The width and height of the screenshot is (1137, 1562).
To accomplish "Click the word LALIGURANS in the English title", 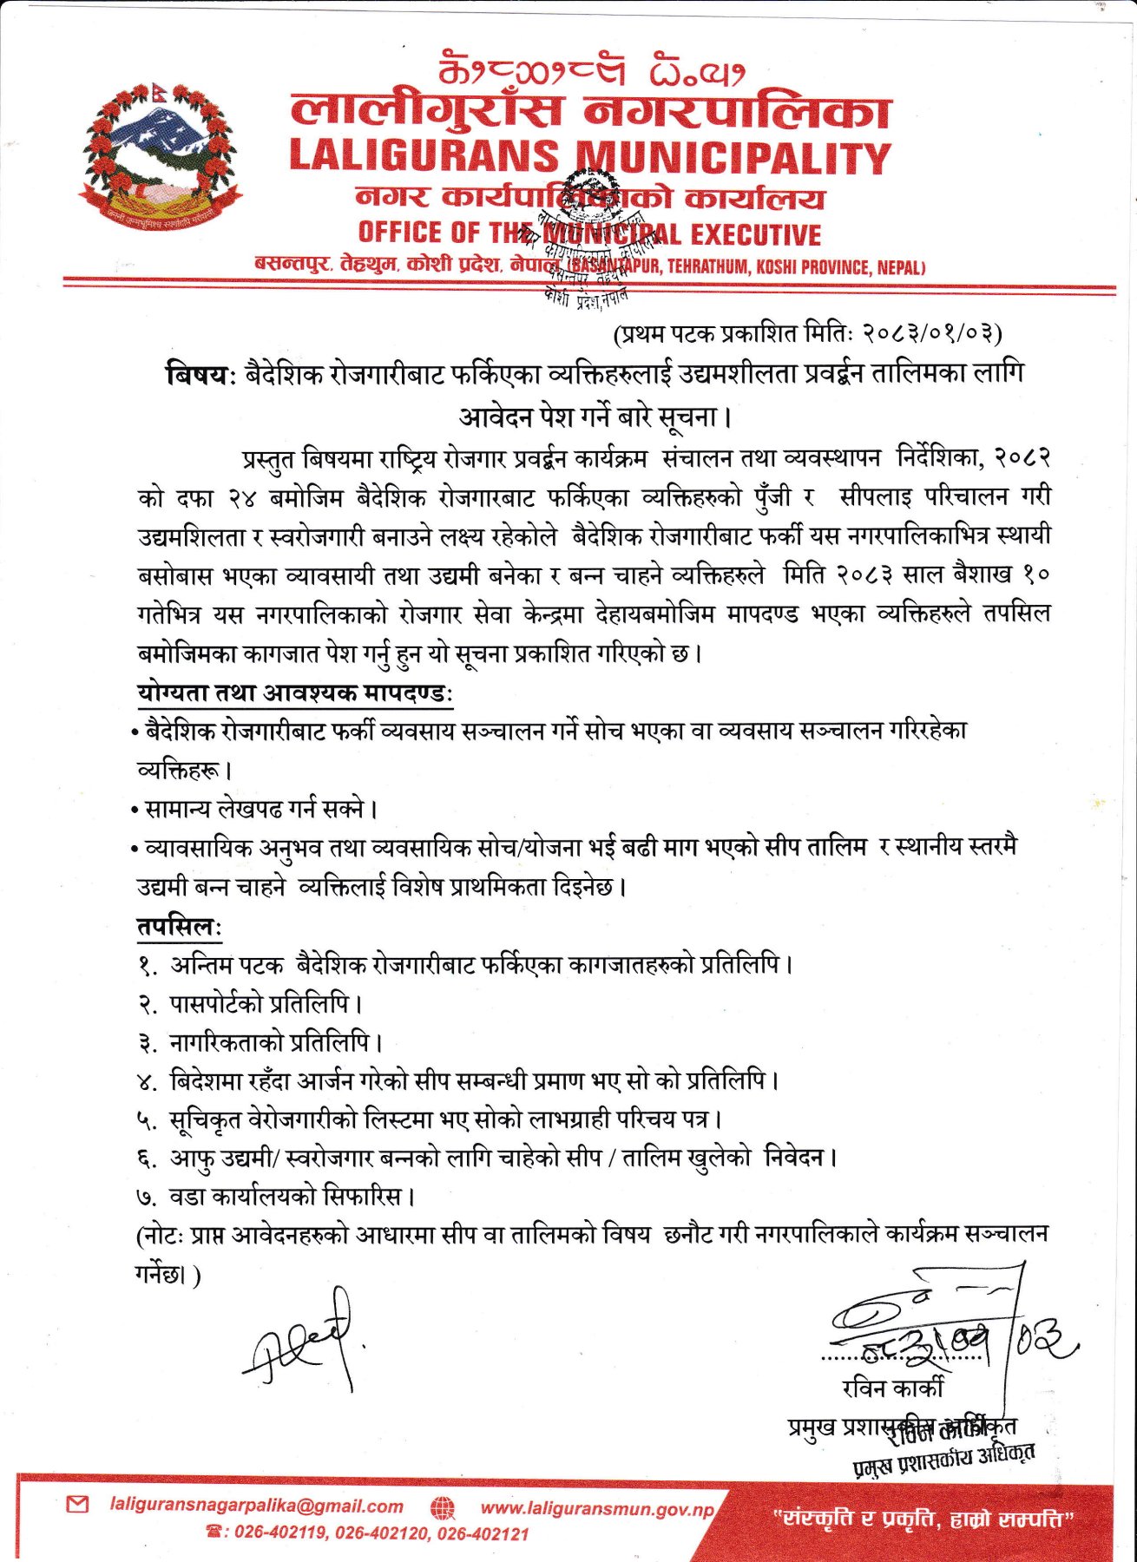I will click(424, 157).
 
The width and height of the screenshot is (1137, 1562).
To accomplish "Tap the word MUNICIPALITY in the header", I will click(734, 158).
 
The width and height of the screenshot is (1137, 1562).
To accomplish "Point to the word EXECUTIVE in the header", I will click(756, 234).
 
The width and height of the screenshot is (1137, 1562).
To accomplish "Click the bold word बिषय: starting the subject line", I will click(200, 375).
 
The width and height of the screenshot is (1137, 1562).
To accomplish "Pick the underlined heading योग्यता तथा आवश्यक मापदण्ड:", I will click(296, 693).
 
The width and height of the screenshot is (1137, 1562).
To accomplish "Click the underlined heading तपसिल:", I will click(179, 927).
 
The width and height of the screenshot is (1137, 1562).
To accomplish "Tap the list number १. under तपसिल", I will click(148, 966).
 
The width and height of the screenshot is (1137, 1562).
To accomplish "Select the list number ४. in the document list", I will click(147, 1083).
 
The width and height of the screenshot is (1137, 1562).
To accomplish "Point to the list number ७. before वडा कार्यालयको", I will click(147, 1198).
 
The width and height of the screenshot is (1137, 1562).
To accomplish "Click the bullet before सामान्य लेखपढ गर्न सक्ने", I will click(135, 811).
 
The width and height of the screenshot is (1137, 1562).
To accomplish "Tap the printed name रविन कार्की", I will click(891, 1388).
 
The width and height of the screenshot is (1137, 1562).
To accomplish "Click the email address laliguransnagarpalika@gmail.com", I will click(257, 1506).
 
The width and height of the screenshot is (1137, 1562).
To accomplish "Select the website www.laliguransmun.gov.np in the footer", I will click(597, 1509).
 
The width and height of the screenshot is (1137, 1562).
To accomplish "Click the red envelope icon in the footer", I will click(77, 1505).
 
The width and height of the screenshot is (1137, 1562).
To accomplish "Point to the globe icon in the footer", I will click(443, 1508).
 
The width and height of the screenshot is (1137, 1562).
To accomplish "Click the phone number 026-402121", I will click(483, 1533).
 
